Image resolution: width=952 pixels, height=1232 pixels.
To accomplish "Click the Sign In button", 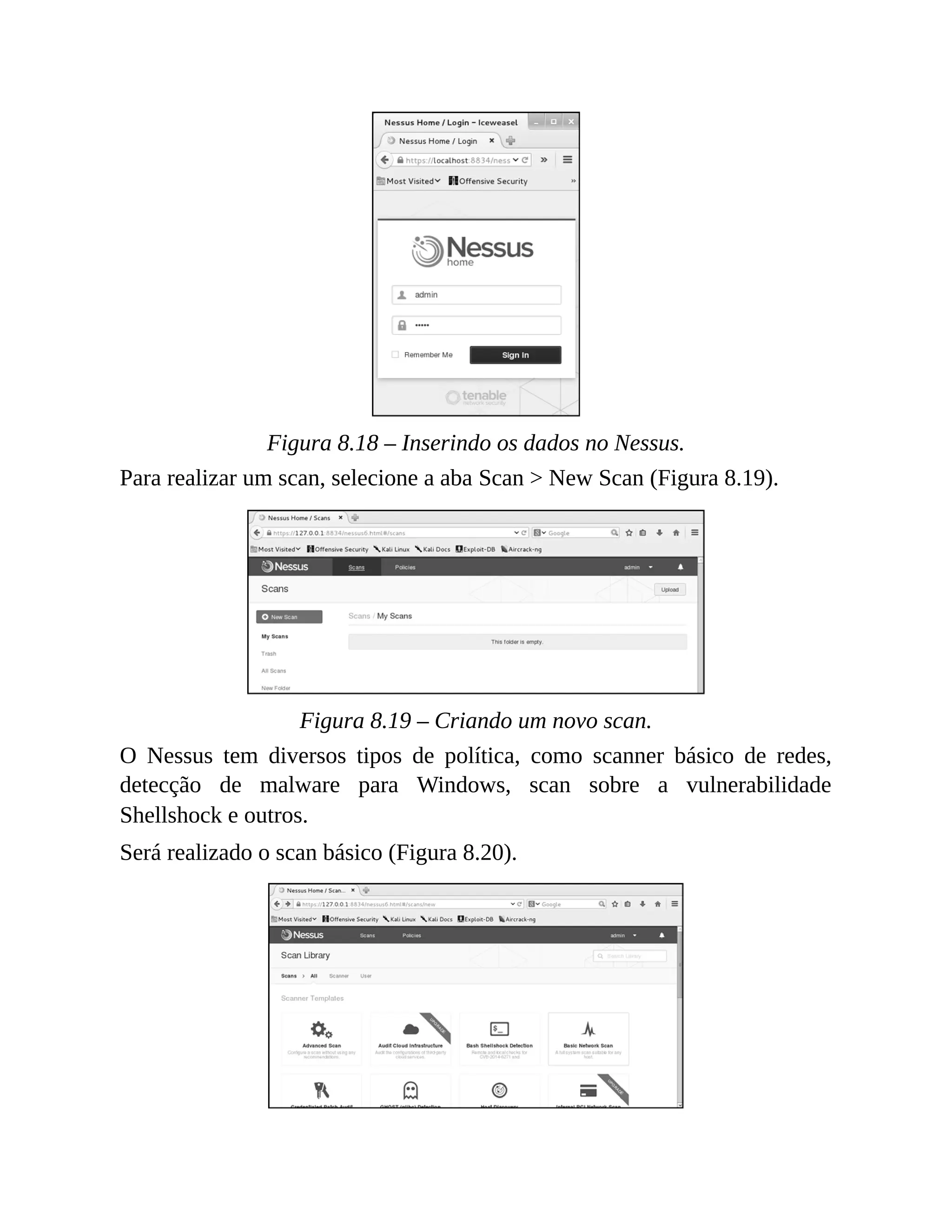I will (x=515, y=355).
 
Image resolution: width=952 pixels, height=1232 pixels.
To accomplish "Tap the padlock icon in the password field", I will (x=402, y=325).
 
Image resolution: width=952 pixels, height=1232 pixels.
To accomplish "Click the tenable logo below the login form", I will (x=476, y=397).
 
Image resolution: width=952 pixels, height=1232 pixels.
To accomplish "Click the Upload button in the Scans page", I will (x=669, y=590).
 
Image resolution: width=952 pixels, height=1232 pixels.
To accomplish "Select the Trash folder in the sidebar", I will (x=269, y=654).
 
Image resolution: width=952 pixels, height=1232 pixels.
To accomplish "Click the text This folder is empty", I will (x=516, y=642).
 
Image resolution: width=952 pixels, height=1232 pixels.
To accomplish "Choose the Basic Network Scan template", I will (x=588, y=1039).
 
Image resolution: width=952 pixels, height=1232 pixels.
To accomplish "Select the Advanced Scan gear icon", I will (x=321, y=1029).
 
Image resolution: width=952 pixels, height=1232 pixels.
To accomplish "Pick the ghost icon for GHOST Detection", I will (x=410, y=1090).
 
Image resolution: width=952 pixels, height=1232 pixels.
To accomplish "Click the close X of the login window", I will (x=571, y=121).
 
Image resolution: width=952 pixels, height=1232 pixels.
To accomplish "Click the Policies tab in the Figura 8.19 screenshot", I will (x=405, y=568).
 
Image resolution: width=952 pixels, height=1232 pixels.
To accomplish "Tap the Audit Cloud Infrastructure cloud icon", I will (x=410, y=1029).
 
